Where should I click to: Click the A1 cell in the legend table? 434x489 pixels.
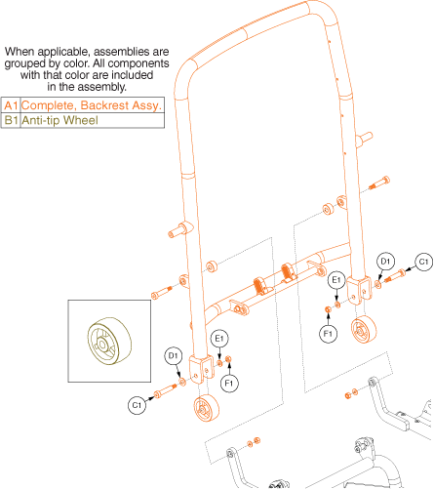(x=11, y=105)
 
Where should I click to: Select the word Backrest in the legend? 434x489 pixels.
(x=104, y=105)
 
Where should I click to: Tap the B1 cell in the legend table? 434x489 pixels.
(x=11, y=120)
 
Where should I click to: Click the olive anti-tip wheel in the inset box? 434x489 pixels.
(x=109, y=341)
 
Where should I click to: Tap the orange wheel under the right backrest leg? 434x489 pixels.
(x=364, y=329)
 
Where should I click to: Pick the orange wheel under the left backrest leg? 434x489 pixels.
(x=206, y=408)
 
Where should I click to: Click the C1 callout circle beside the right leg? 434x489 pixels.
(x=423, y=262)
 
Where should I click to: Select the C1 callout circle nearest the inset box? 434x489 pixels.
(x=137, y=405)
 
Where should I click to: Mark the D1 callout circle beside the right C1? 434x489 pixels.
(x=385, y=262)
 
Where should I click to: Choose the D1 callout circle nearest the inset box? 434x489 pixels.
(x=173, y=355)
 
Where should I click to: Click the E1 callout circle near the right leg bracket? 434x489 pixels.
(x=336, y=280)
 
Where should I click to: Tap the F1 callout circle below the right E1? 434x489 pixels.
(x=328, y=334)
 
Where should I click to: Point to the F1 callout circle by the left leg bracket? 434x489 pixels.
(x=229, y=383)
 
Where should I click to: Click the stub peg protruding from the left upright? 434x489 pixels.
(x=178, y=229)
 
